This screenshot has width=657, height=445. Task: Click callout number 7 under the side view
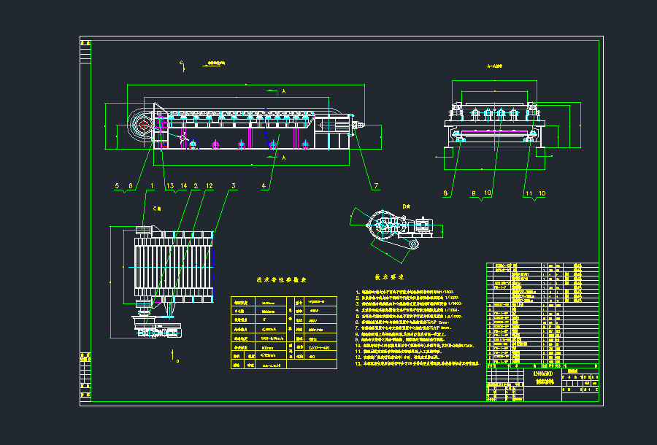point(377,187)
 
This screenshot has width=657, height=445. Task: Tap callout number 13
point(170,187)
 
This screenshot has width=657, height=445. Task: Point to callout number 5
point(117,187)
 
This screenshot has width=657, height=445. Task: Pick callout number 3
point(233,187)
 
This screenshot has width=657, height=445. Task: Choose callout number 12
point(209,187)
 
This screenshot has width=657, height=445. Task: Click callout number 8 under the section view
point(445,193)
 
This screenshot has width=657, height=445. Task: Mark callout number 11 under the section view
point(528,193)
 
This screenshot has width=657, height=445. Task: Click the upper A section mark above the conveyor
point(283,90)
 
